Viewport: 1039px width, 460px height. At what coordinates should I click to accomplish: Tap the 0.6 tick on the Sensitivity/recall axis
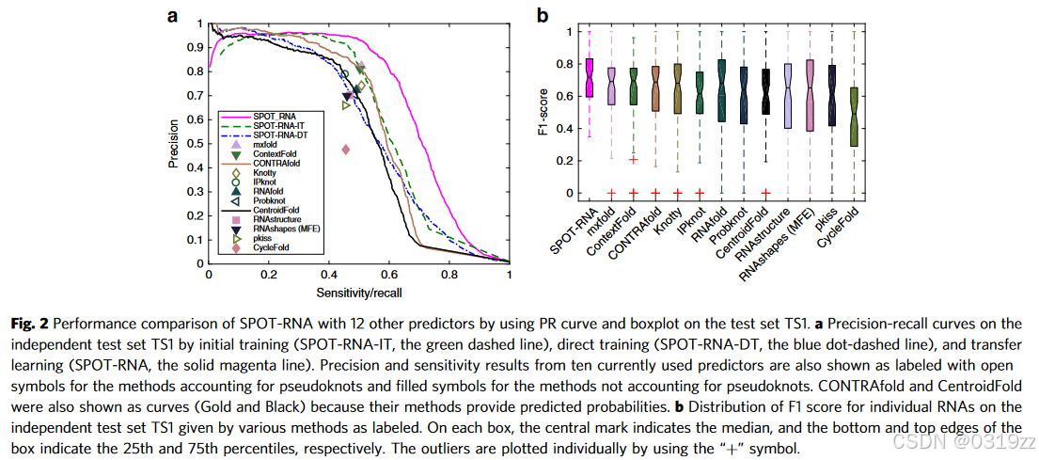[389, 275]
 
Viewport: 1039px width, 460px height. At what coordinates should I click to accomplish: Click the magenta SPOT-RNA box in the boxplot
[590, 78]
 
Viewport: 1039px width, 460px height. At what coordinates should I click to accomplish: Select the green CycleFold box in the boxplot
[853, 116]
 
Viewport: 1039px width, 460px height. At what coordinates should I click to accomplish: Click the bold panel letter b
[543, 15]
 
